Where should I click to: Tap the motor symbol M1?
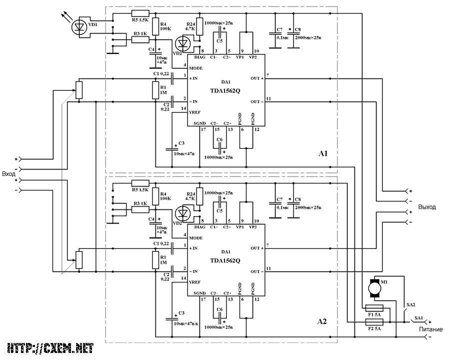(x=373, y=287)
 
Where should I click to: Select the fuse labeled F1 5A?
(x=374, y=308)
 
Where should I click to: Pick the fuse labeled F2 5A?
(x=374, y=323)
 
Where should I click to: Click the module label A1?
(x=323, y=153)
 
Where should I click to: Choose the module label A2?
(x=323, y=321)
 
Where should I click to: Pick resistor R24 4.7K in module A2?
(x=200, y=197)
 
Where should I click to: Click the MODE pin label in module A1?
(x=196, y=67)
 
